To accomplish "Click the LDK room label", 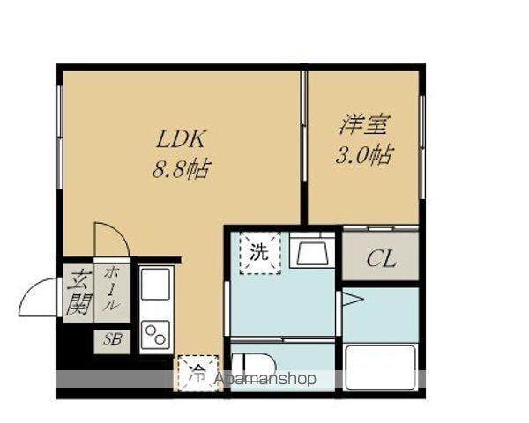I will pyautogui.click(x=181, y=138).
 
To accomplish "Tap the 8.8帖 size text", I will pyautogui.click(x=181, y=167).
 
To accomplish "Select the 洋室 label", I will pyautogui.click(x=363, y=125).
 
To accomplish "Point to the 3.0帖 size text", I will pyautogui.click(x=363, y=156).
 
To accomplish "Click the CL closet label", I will pyautogui.click(x=380, y=259).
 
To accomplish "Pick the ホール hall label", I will pyautogui.click(x=113, y=288).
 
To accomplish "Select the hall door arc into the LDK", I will pyautogui.click(x=111, y=240).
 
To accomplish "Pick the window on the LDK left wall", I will pyautogui.click(x=60, y=146).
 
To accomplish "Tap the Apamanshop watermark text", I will pyautogui.click(x=264, y=380).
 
